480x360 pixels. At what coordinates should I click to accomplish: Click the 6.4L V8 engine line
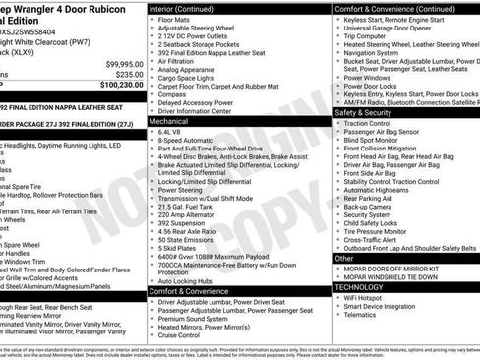pyautogui.click(x=171, y=132)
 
